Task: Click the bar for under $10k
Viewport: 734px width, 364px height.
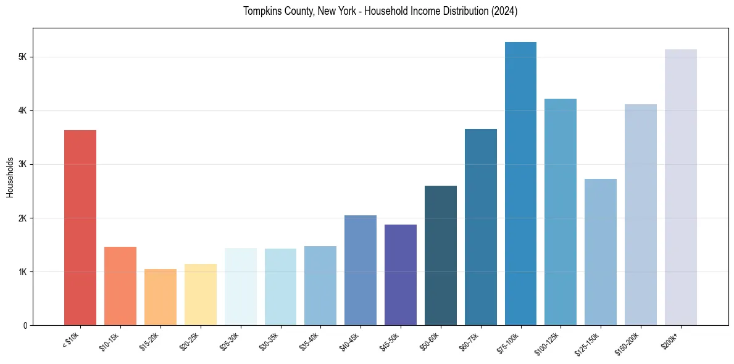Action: (x=80, y=228)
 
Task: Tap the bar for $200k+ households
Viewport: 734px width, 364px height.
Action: (x=681, y=188)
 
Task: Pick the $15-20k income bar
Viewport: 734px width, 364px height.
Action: (x=161, y=297)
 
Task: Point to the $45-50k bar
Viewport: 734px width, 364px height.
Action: (x=401, y=275)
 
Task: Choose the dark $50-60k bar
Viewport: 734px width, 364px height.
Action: (x=441, y=255)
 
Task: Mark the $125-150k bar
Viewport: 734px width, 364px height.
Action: (x=601, y=252)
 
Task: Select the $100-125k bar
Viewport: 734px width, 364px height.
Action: (x=561, y=212)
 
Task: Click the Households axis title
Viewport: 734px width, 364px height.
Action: (x=10, y=177)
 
